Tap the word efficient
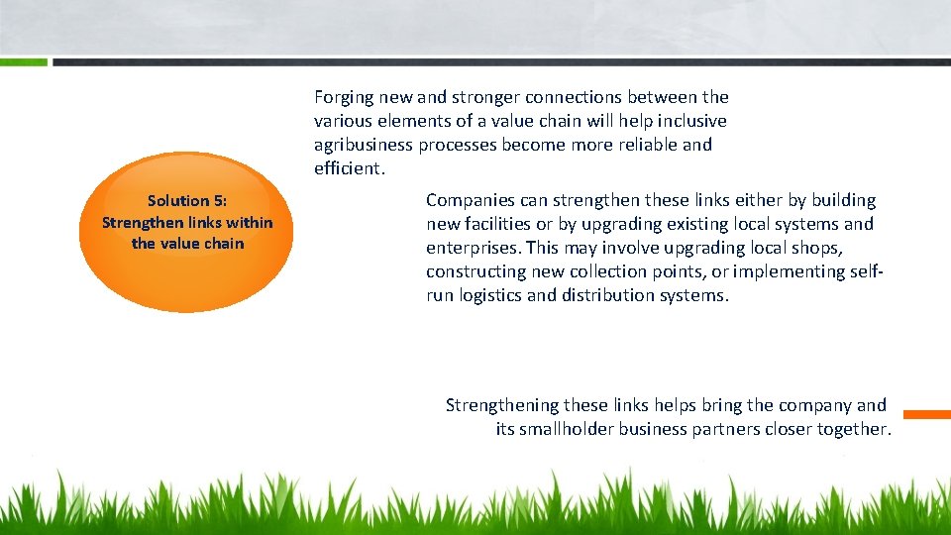point(347,168)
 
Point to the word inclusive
point(691,121)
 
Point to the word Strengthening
point(501,405)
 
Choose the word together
point(854,429)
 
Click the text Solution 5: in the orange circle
point(187,200)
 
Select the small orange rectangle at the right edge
point(927,414)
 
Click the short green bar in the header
point(24,61)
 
